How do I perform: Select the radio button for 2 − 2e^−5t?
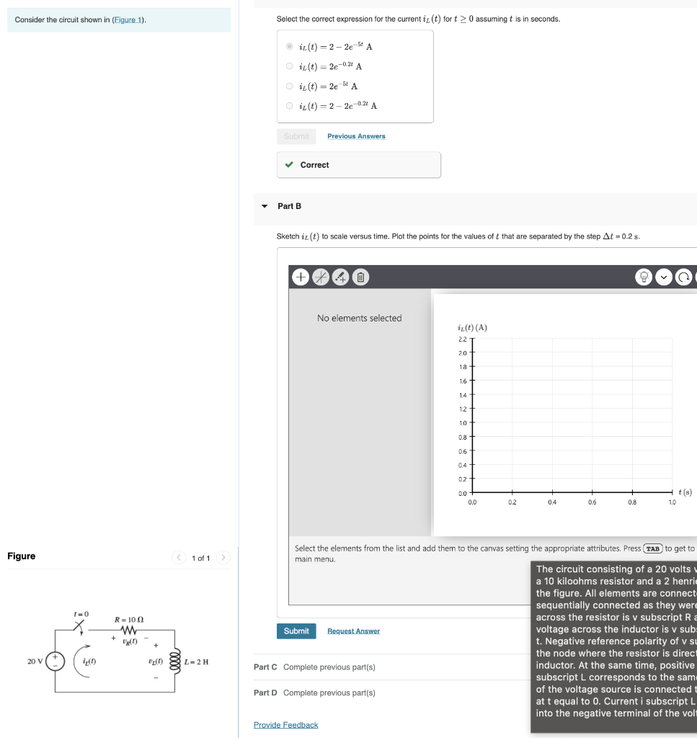(290, 47)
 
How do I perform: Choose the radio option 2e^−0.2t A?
(290, 66)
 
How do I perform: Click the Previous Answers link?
(356, 136)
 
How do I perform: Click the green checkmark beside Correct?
(289, 165)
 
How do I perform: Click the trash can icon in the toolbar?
(361, 277)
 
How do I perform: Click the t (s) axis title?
(685, 492)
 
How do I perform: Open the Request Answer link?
(353, 631)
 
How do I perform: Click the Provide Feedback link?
(285, 725)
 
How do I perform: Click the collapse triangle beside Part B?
(265, 206)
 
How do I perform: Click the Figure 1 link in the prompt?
(128, 19)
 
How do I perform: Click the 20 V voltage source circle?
(56, 661)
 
